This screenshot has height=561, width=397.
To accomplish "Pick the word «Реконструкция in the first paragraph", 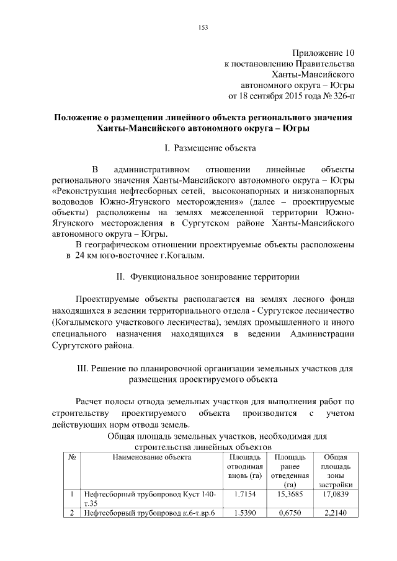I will click(86, 191).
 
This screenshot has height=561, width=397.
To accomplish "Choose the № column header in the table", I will click(72, 457).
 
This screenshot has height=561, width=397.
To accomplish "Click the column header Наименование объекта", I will click(151, 457).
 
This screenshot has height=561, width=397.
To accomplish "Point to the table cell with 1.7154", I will click(241, 495).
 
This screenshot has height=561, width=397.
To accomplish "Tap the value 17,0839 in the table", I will click(335, 495).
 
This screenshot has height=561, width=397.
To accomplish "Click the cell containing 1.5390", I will click(241, 513).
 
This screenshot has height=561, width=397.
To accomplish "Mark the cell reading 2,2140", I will click(335, 513).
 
